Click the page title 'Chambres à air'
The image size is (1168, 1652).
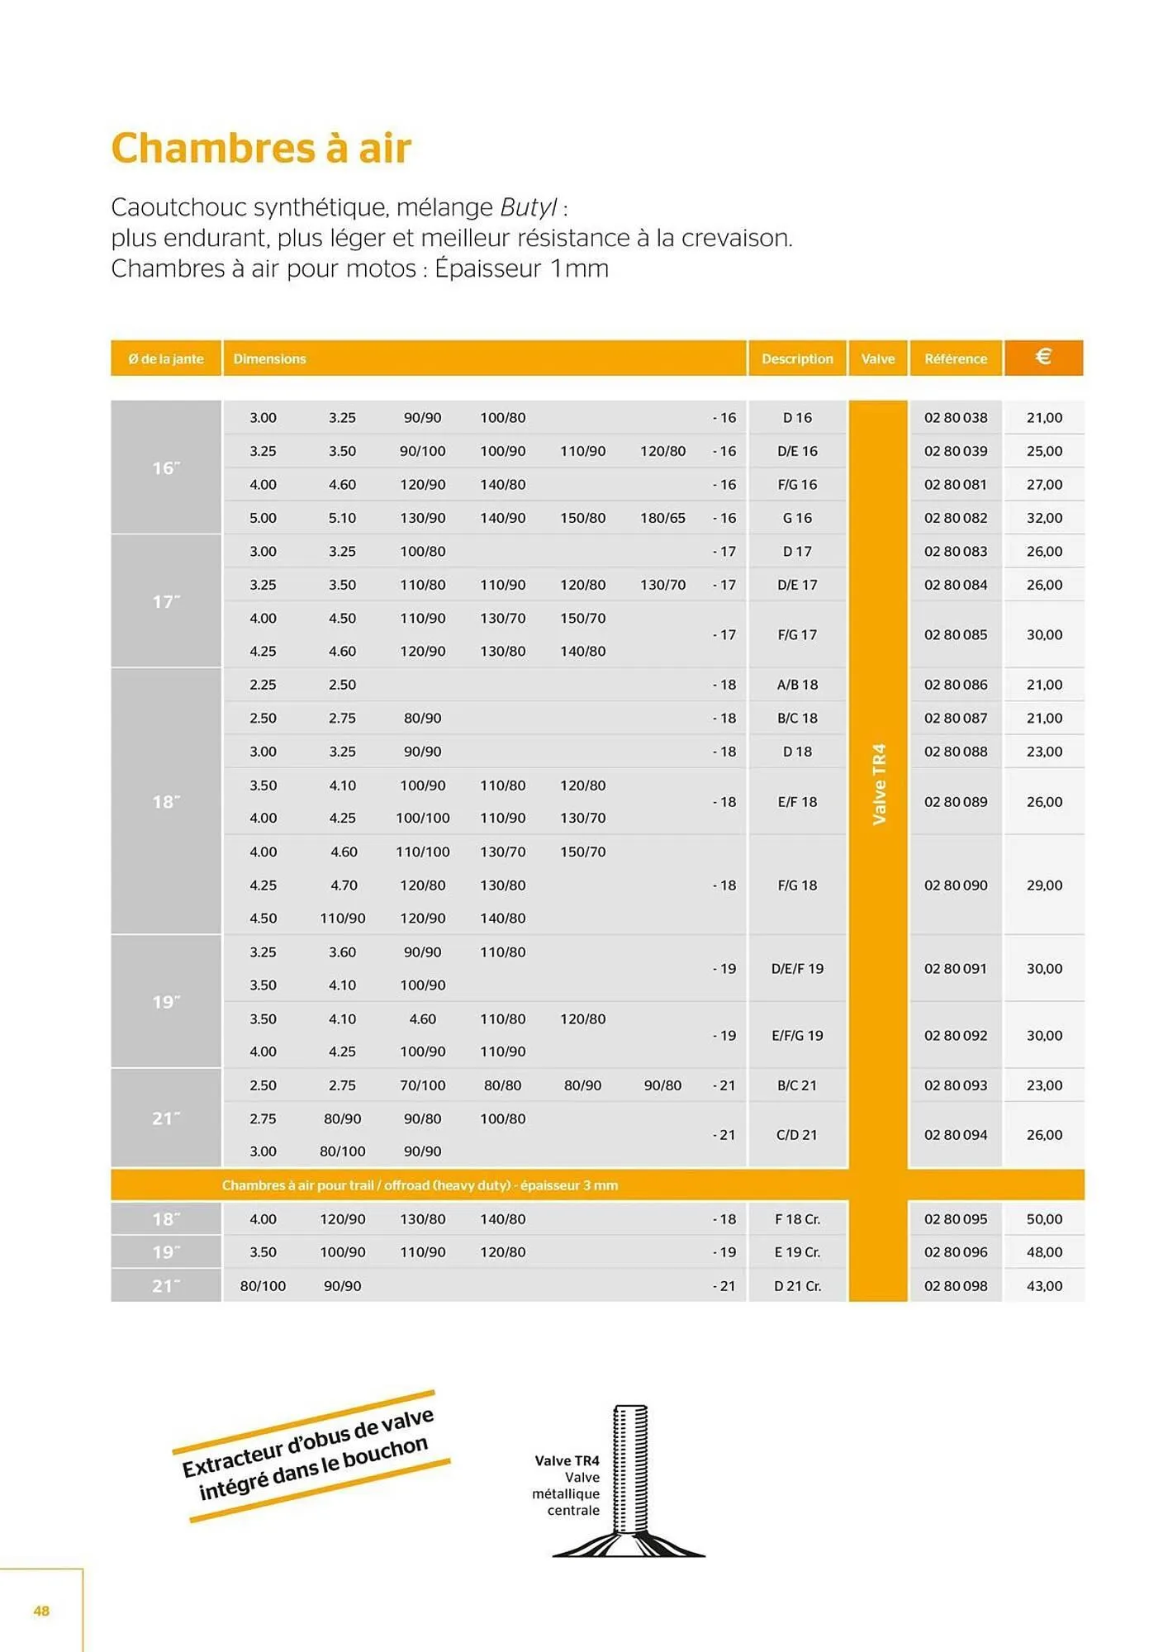261,149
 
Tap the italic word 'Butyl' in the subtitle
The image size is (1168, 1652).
528,206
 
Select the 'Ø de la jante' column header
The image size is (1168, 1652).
166,358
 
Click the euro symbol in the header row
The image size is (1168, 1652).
1043,357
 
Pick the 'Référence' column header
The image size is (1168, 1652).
956,358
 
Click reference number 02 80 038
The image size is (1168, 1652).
956,418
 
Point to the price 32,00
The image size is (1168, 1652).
1044,518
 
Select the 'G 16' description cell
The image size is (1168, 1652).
797,518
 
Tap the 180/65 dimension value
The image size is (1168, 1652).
662,518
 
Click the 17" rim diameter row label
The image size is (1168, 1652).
166,601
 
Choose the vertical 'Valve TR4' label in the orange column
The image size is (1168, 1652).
879,784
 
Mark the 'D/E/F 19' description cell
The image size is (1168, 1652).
797,968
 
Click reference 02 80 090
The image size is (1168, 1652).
956,885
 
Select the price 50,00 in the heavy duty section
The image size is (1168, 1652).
1044,1219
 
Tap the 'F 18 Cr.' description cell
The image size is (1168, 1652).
797,1219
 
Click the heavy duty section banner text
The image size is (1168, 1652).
420,1185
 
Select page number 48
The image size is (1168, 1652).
41,1611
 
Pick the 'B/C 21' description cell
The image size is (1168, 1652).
797,1085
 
